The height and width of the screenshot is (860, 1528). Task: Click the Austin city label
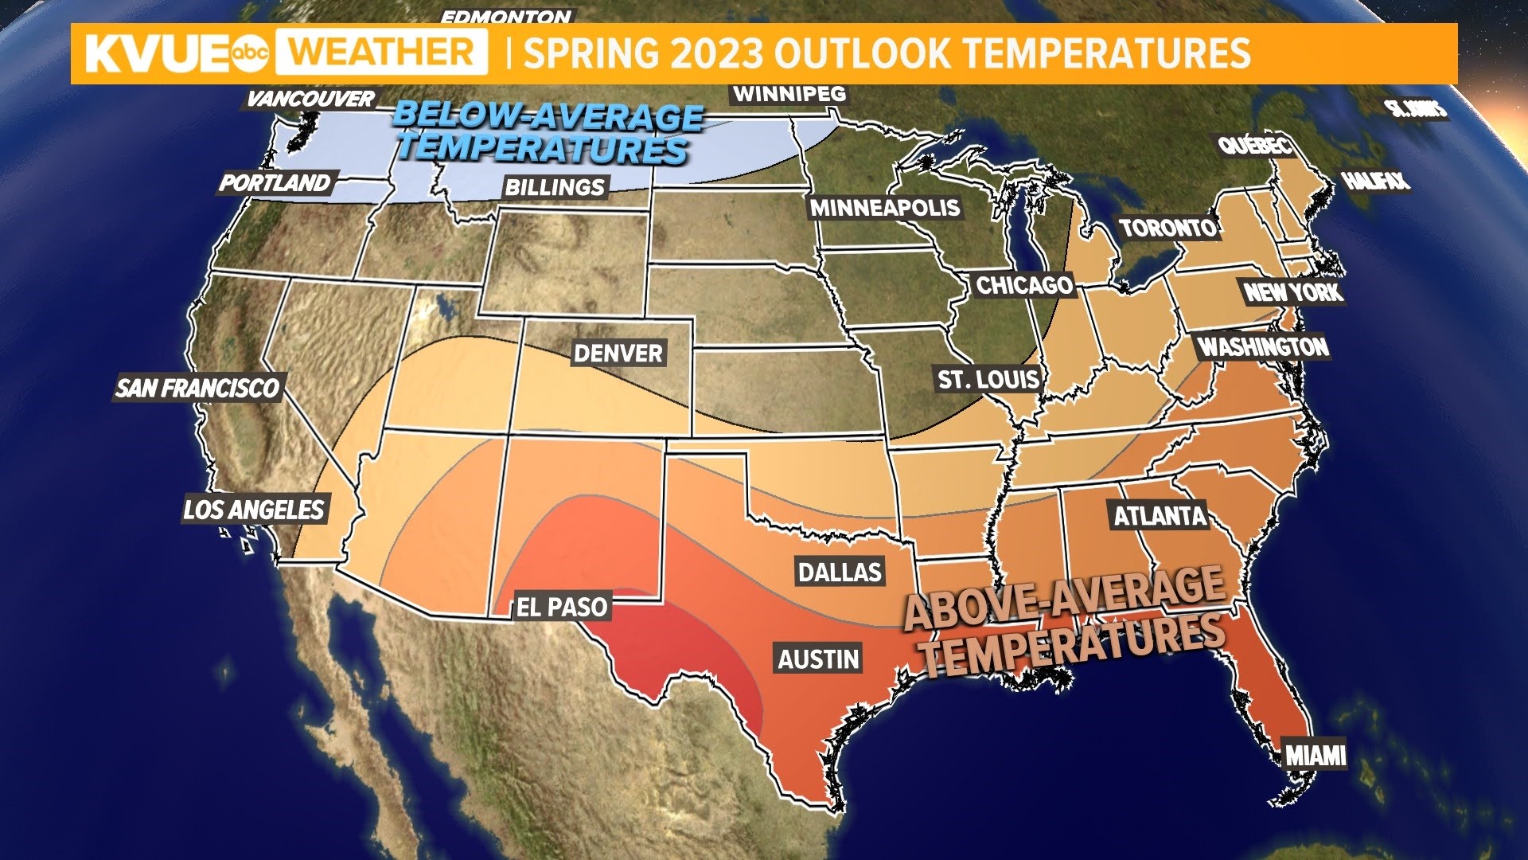coord(819,659)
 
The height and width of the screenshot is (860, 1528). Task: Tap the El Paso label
coord(562,608)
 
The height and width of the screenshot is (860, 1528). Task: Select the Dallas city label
coord(840,572)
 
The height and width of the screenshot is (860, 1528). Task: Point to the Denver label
coord(618,354)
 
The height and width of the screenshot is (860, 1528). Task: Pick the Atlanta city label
coord(1160,516)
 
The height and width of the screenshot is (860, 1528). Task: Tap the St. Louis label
coord(988,380)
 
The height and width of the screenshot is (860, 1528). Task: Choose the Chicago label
coord(1024,285)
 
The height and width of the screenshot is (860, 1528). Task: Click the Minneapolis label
coord(885,209)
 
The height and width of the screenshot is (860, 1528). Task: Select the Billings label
coord(555,188)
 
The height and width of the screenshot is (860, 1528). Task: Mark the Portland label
coord(275,183)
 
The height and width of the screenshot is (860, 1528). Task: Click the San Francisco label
coord(197,388)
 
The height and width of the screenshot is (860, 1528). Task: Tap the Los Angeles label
coord(254,510)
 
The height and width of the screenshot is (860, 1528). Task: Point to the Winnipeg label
coord(789,94)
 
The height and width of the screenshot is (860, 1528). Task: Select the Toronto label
coord(1168,229)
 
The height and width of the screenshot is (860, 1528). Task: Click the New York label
coord(1293,292)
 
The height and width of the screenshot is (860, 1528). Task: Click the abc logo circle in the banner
coord(250,53)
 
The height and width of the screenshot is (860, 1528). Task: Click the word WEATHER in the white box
coord(381,53)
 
